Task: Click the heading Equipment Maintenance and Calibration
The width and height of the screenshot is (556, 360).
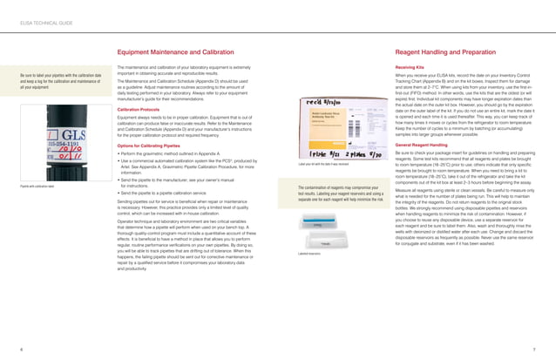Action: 174,52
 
